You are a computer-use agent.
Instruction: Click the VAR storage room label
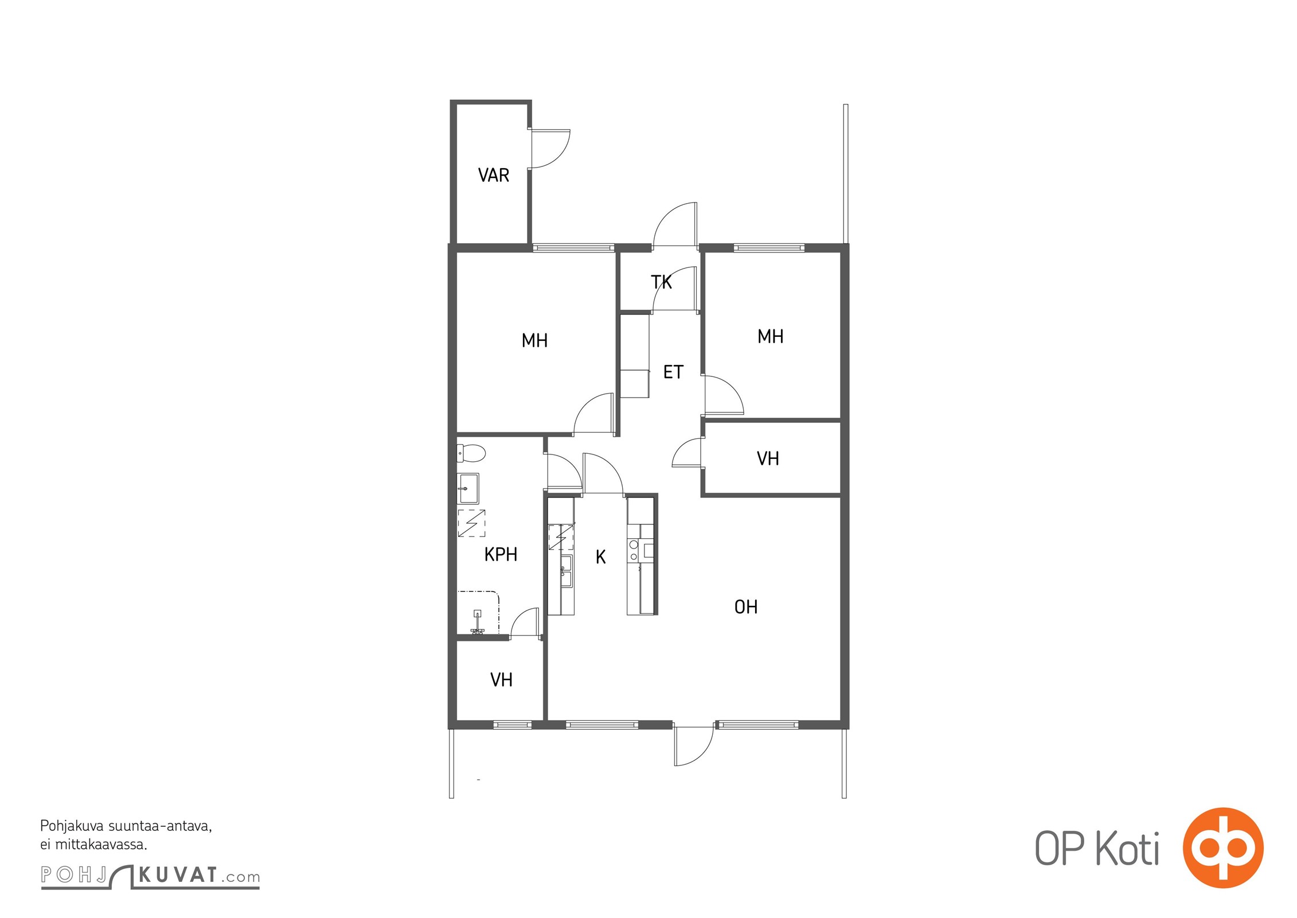point(494,175)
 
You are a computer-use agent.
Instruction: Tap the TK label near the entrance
point(661,282)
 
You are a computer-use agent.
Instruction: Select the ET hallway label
point(673,372)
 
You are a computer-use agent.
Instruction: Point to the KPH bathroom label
point(501,554)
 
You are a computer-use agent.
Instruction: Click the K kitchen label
point(601,557)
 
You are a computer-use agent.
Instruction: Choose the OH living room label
point(746,607)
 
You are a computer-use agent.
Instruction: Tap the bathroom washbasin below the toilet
point(468,488)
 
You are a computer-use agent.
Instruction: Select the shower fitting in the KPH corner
point(477,623)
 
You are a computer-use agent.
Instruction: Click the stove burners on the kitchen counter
point(634,550)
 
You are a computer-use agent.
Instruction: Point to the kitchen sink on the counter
point(566,571)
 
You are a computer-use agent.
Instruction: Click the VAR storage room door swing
point(549,149)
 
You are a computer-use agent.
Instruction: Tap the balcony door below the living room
point(694,745)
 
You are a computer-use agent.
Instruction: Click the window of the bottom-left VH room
point(513,725)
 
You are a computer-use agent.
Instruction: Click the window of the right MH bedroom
point(769,248)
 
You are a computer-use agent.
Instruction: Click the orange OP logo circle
point(1222,848)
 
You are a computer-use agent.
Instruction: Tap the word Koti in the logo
point(1127,849)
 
